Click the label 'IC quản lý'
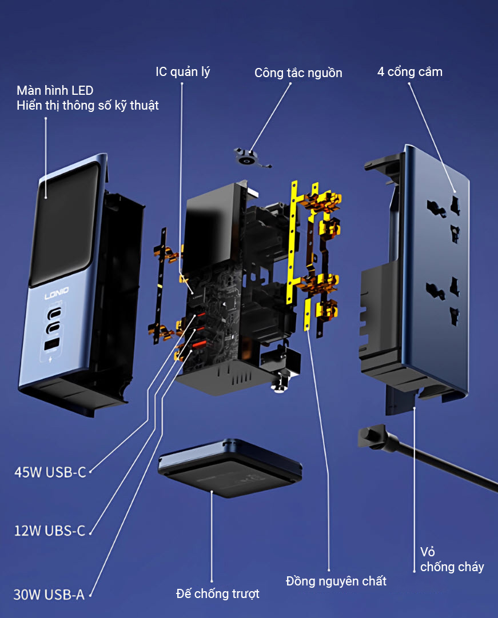[x=183, y=72]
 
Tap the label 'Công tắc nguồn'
[x=298, y=73]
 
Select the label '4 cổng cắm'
[x=409, y=72]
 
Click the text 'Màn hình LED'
[x=55, y=90]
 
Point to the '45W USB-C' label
[x=50, y=472]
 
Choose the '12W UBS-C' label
[x=50, y=531]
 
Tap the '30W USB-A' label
[x=49, y=595]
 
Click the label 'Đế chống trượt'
[x=217, y=594]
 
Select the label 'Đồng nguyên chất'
[x=336, y=581]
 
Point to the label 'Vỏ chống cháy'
[x=452, y=560]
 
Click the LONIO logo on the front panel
[x=57, y=291]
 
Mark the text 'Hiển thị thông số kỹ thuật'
[x=87, y=105]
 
